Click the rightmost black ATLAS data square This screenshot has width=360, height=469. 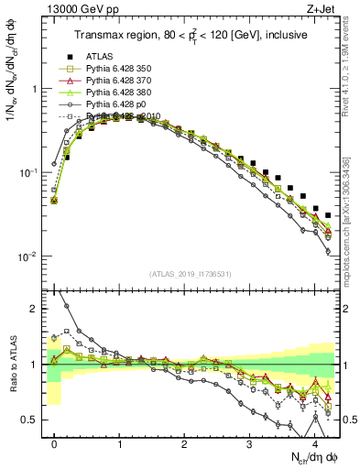pyautogui.click(x=328, y=216)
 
